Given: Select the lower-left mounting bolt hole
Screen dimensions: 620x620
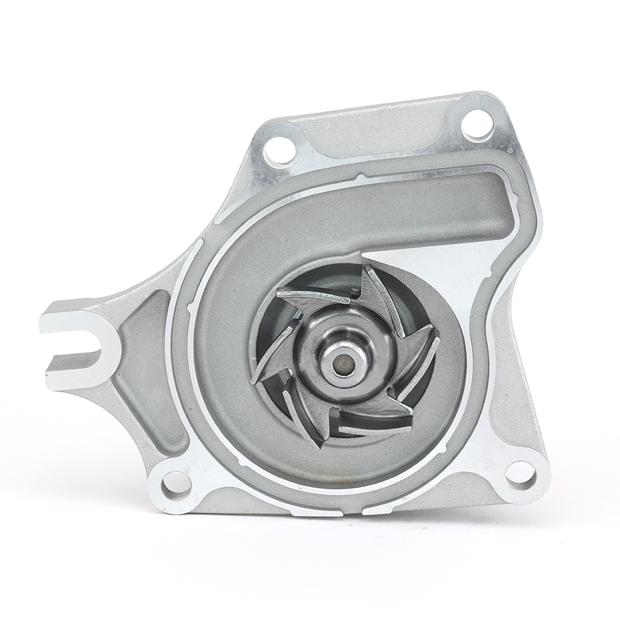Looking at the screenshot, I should pyautogui.click(x=176, y=481).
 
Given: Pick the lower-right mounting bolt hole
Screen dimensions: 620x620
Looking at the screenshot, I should pyautogui.click(x=521, y=474).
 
